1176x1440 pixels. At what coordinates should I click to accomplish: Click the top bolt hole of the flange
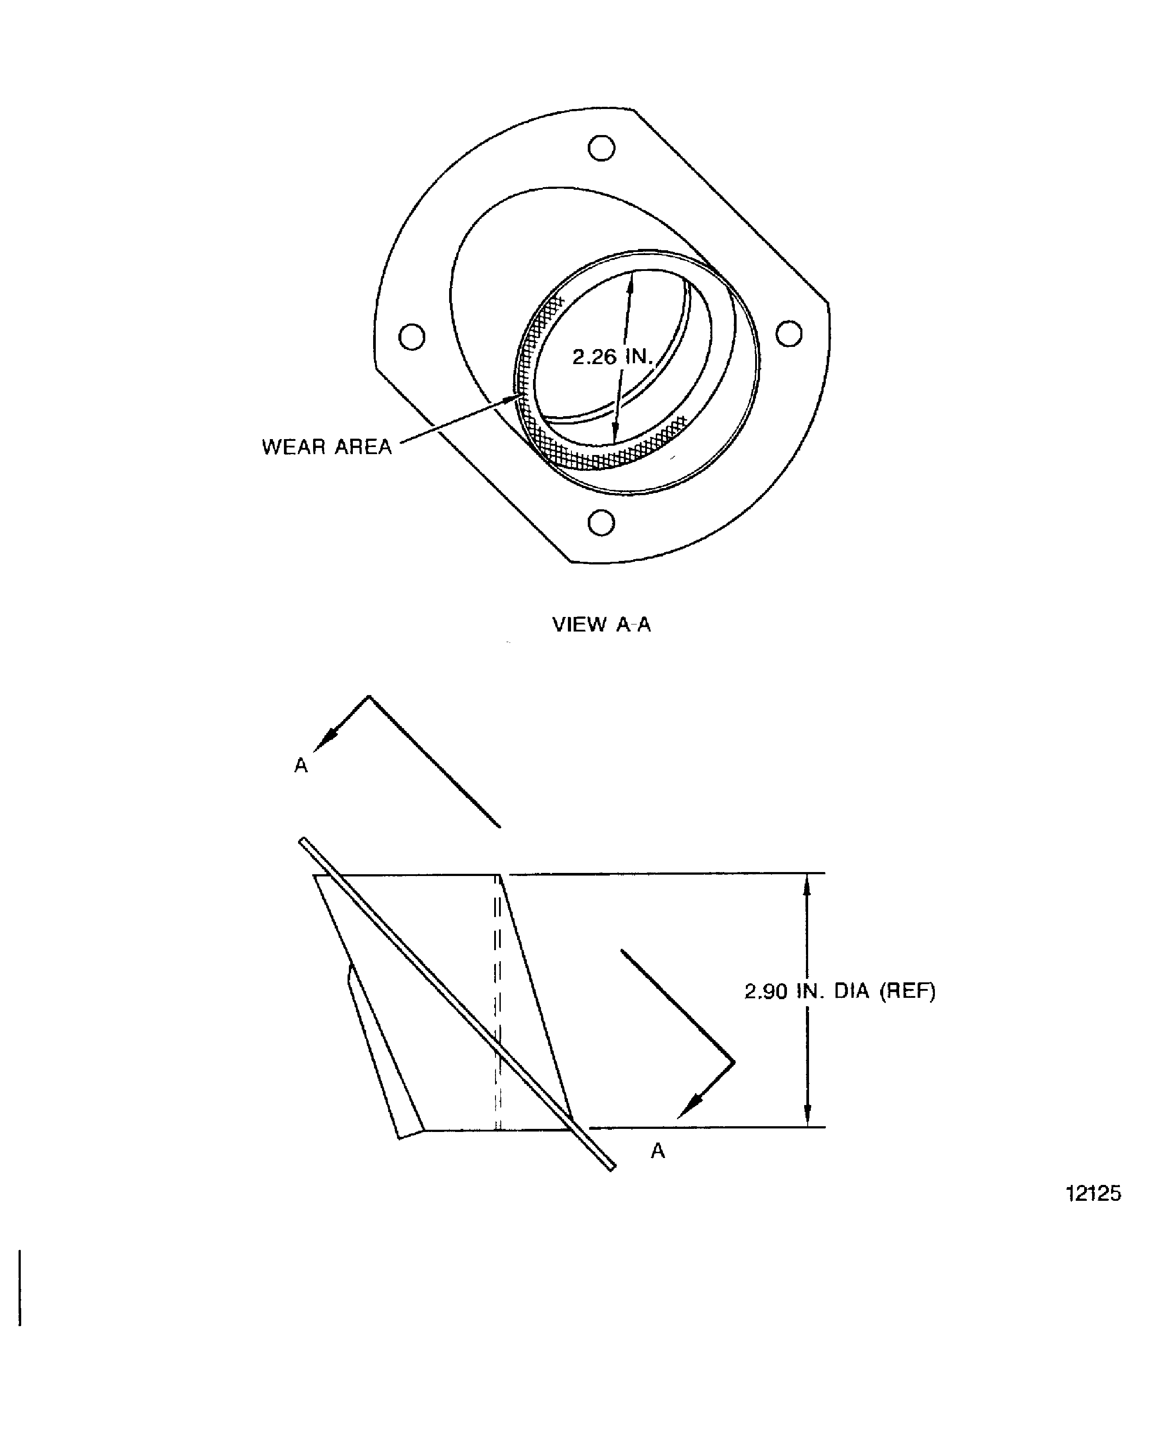pos(601,147)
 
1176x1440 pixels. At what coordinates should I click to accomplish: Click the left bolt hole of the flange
pos(412,336)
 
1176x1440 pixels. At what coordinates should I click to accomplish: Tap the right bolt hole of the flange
pos(789,333)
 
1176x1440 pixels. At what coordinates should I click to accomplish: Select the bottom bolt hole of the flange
pos(601,523)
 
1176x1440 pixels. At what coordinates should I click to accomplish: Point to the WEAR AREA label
pos(326,447)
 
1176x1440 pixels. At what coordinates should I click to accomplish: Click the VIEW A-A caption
pos(601,624)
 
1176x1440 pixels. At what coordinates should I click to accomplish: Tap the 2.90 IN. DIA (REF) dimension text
pos(840,991)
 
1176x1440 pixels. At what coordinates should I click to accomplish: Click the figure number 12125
pos(1093,1193)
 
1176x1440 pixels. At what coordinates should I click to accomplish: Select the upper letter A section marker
pos(301,766)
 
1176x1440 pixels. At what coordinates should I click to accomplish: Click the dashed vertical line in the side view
pos(498,1002)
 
